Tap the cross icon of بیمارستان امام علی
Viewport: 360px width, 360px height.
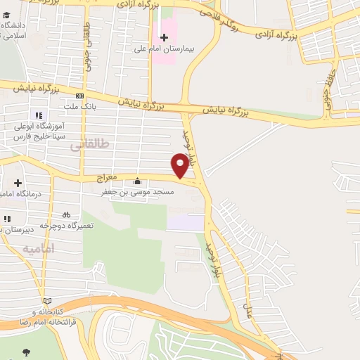pyautogui.click(x=165, y=37)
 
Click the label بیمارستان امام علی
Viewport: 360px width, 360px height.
pyautogui.click(x=165, y=51)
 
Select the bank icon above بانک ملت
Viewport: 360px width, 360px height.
pyautogui.click(x=79, y=96)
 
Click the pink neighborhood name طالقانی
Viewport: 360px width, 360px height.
pyautogui.click(x=91, y=146)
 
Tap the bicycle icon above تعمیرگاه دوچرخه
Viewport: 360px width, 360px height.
pyautogui.click(x=66, y=214)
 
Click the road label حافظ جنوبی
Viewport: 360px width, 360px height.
pyautogui.click(x=327, y=99)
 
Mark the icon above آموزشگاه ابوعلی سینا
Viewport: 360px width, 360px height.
pyautogui.click(x=38, y=115)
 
